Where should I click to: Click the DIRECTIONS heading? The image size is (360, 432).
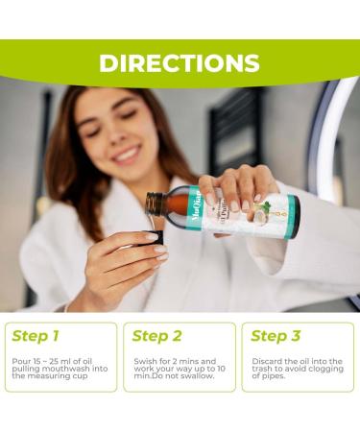pyautogui.click(x=180, y=63)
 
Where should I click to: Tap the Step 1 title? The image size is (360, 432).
pyautogui.click(x=36, y=336)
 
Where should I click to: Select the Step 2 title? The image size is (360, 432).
pyautogui.click(x=156, y=336)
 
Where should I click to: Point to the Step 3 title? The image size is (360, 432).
pyautogui.click(x=276, y=336)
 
